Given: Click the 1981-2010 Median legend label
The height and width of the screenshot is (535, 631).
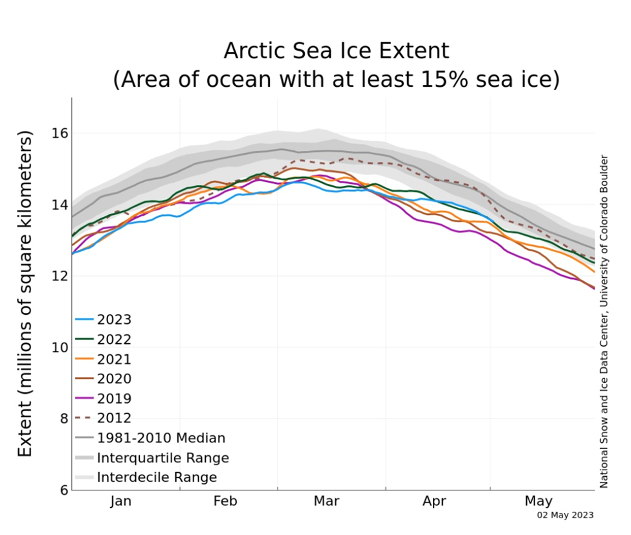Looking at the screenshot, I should coord(161,438).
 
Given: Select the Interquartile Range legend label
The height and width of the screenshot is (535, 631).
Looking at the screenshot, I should coord(163,458).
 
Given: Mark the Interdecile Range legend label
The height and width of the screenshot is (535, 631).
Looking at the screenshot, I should coord(157,478).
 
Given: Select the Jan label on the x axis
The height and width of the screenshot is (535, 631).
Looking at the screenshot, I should coord(121,501).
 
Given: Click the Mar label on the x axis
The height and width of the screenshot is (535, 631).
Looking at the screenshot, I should coord(327,501).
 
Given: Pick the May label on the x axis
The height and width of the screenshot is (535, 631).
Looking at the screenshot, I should coord(538,501).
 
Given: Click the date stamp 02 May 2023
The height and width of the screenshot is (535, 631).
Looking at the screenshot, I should coord(565,516).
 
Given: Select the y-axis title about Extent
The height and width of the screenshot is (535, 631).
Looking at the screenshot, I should coord(25,293).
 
